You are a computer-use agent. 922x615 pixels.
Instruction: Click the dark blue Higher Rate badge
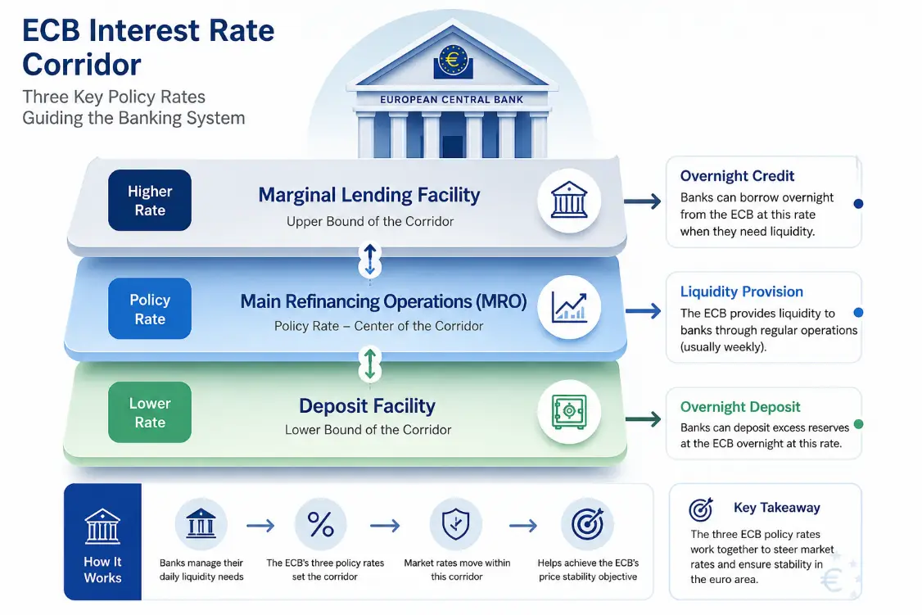click(149, 201)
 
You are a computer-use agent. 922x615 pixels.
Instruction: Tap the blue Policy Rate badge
click(149, 309)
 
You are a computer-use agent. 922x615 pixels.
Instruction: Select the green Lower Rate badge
click(149, 412)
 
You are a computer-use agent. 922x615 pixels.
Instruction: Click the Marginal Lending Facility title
click(369, 195)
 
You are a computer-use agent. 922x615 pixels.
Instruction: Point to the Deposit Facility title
click(367, 405)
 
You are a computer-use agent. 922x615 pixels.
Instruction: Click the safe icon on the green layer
click(568, 412)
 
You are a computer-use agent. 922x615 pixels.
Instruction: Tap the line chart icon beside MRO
click(568, 308)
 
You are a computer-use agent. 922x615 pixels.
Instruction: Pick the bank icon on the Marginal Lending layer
click(568, 200)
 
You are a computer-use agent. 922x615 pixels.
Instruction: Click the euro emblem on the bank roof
click(453, 61)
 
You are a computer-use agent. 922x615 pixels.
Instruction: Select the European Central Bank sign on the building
click(452, 100)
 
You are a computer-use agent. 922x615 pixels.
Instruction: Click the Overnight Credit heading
click(738, 176)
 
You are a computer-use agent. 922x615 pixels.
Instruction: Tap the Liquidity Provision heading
click(742, 292)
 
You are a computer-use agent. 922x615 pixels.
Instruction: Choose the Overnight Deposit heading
click(740, 407)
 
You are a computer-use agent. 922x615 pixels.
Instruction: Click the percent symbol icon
click(320, 524)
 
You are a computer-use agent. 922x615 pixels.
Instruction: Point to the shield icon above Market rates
click(456, 524)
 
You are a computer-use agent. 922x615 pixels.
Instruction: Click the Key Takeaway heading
click(777, 508)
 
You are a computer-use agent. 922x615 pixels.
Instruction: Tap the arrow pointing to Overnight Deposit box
click(644, 419)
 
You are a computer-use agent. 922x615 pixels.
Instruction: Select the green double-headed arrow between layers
click(370, 364)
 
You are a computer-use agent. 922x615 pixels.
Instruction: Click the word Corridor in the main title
click(82, 65)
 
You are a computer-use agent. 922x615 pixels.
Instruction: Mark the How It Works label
click(102, 570)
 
